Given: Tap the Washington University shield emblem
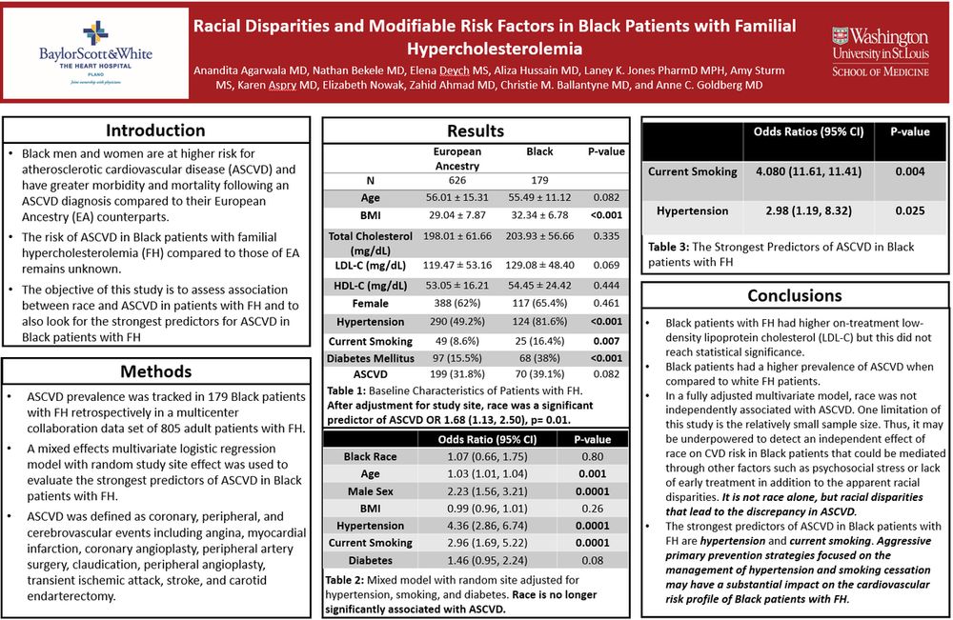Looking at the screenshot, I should tap(839, 40).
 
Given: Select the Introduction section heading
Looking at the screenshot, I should tap(155, 130).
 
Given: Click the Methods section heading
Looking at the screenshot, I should tap(155, 370).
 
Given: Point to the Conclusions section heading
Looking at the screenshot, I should tap(795, 295).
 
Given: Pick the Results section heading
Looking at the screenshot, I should tap(475, 130).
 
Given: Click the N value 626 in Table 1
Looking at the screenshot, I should tap(457, 179).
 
